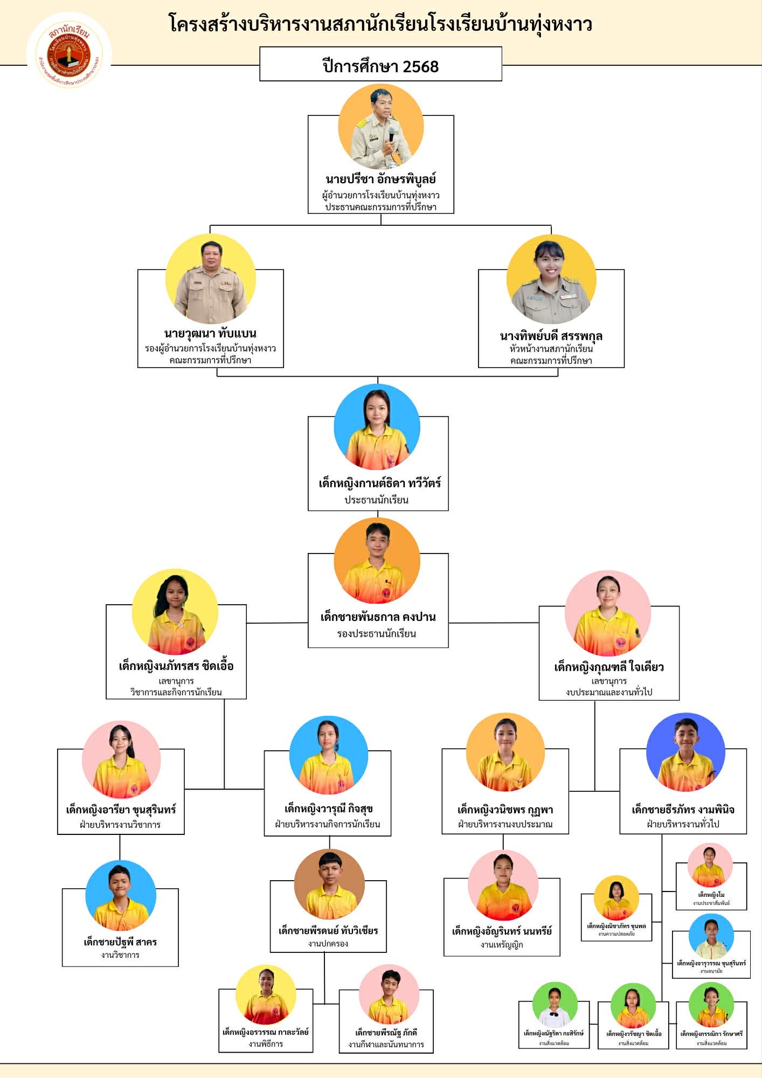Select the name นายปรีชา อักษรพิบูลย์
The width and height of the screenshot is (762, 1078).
(x=380, y=179)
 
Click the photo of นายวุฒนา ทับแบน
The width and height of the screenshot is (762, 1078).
(x=211, y=279)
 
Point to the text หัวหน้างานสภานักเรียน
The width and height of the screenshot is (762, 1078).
(x=551, y=349)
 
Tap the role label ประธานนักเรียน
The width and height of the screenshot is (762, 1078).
(x=377, y=500)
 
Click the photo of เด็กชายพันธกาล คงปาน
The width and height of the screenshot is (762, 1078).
(x=377, y=561)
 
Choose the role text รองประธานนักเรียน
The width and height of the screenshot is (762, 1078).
(x=377, y=633)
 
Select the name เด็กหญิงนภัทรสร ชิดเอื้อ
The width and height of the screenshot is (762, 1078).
(x=176, y=666)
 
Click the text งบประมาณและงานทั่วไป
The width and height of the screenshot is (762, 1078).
(x=609, y=692)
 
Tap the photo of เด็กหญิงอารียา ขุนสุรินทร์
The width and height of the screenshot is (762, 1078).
(x=121, y=761)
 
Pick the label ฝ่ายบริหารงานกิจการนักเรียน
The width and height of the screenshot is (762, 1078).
(x=327, y=824)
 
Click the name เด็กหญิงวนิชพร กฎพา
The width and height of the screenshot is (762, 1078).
(x=505, y=810)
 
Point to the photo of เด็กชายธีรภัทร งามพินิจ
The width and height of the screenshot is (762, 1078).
(x=685, y=753)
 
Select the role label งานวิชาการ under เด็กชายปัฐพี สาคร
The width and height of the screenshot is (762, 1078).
(x=120, y=955)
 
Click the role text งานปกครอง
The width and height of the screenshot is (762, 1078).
(x=328, y=943)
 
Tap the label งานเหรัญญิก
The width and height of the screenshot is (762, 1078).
(x=502, y=944)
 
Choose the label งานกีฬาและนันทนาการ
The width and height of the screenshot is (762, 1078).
(x=386, y=1044)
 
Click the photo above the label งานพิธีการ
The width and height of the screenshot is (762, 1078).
(x=266, y=995)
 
